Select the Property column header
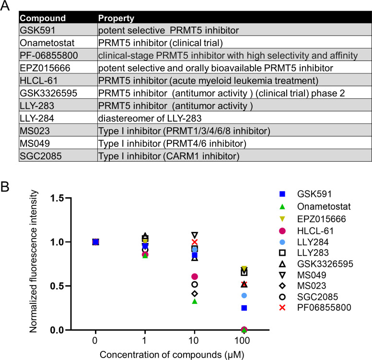pyautogui.click(x=116, y=18)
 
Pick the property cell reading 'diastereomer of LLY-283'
pyautogui.click(x=150, y=119)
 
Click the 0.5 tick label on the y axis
pyautogui.click(x=57, y=286)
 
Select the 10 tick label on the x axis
pyautogui.click(x=194, y=340)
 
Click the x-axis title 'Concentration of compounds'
pyautogui.click(x=161, y=355)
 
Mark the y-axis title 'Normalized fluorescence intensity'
pyautogui.click(x=34, y=261)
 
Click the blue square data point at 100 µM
pyautogui.click(x=244, y=308)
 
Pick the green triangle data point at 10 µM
pyautogui.click(x=195, y=301)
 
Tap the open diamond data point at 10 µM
pyautogui.click(x=195, y=294)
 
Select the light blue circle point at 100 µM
pyautogui.click(x=244, y=296)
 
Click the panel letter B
pyautogui.click(x=4, y=187)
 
